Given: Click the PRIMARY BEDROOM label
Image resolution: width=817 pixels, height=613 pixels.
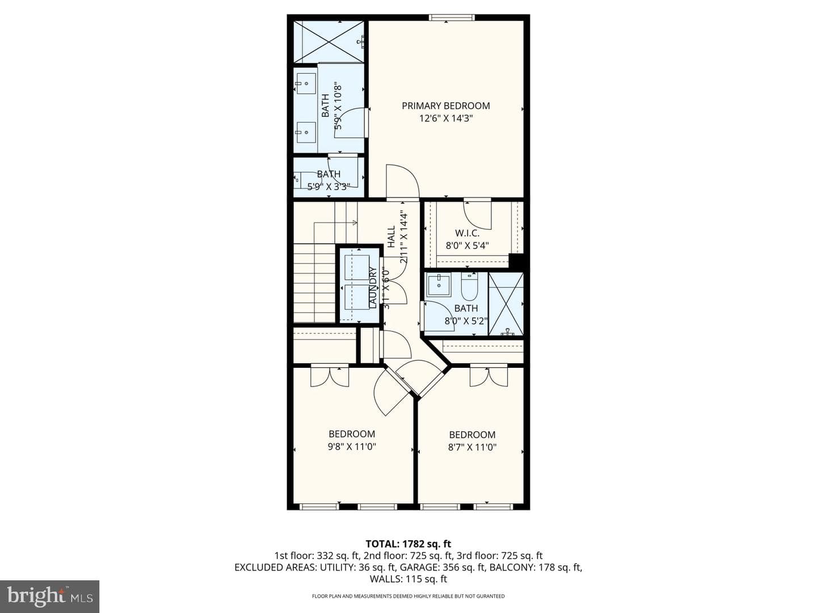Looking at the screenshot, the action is click(445, 106).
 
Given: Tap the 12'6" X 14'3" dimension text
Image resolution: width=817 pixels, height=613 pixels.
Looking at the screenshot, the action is click(446, 119).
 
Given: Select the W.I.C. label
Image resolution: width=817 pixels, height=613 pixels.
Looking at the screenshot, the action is click(467, 233).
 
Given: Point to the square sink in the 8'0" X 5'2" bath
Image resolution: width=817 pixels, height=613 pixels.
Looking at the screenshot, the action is click(439, 285).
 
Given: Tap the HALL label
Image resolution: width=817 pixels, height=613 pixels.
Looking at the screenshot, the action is click(391, 237).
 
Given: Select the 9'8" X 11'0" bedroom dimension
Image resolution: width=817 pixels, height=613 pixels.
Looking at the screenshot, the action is click(352, 447).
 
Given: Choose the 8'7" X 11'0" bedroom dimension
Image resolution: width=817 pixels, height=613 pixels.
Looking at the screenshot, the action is click(473, 447).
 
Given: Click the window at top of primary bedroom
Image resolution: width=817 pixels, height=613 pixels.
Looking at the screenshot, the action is click(452, 17).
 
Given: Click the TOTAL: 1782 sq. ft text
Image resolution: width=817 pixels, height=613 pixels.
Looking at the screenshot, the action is click(408, 544).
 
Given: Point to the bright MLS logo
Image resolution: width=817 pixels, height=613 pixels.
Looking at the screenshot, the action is click(49, 596).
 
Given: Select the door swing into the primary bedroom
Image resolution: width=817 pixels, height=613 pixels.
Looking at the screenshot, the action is click(403, 180).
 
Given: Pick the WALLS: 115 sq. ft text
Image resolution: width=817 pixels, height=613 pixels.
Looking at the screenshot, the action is click(408, 579).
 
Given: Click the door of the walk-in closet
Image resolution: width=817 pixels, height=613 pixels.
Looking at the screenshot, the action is click(478, 216).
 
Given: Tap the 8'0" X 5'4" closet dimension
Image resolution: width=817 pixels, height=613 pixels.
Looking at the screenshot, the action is click(467, 246).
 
